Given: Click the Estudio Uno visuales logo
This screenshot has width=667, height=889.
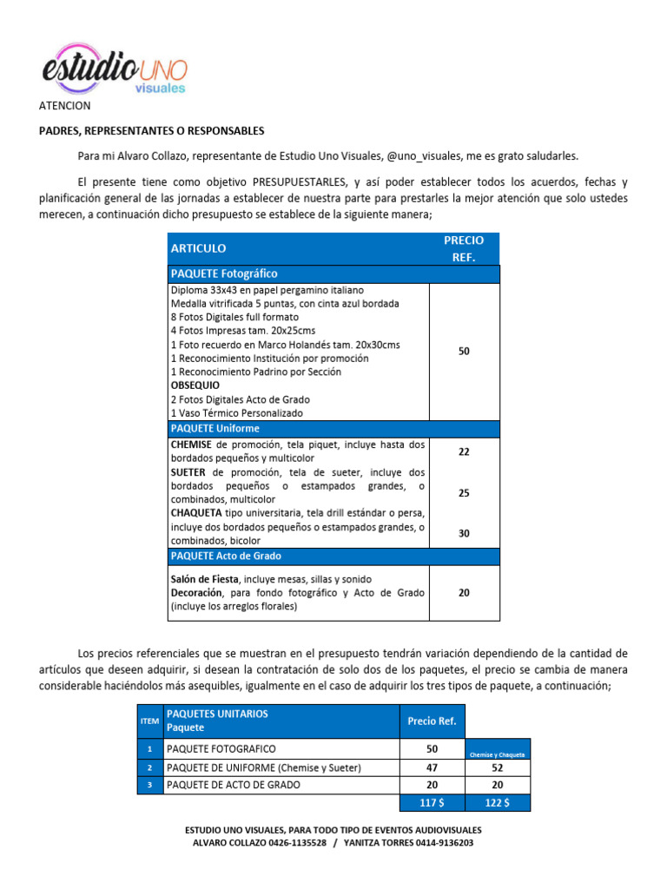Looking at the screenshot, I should click(x=114, y=68).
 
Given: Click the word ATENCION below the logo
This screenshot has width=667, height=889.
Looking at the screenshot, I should click(x=64, y=106).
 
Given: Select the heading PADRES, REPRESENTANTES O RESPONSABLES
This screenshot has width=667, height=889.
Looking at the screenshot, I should click(x=151, y=131).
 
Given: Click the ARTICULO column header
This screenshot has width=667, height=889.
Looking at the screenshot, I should click(x=199, y=248).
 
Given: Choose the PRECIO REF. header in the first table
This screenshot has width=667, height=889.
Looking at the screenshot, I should click(x=464, y=248).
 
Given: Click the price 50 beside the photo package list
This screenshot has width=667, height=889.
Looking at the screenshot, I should click(x=464, y=351).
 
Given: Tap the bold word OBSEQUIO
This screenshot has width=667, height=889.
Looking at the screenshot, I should click(x=195, y=385).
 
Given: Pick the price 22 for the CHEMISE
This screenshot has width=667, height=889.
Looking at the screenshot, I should click(x=464, y=451).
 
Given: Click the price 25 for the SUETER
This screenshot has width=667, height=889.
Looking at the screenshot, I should click(x=464, y=493).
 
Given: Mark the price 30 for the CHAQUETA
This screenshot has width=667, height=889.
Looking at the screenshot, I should click(x=464, y=533).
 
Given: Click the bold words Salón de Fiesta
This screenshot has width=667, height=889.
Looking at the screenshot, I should click(x=205, y=579).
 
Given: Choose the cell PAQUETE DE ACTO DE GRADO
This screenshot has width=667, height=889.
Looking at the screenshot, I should click(x=234, y=785).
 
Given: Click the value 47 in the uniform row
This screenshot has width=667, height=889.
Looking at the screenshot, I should click(x=433, y=767).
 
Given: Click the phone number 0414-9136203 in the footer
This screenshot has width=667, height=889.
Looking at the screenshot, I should click(x=441, y=843).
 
